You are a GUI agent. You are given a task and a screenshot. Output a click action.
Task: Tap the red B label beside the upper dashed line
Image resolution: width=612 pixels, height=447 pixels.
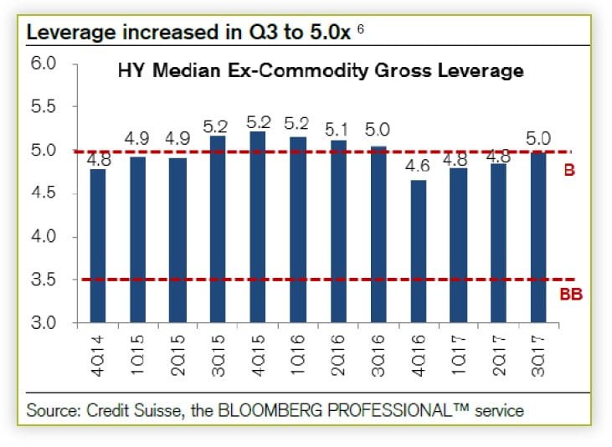coord(569,171)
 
